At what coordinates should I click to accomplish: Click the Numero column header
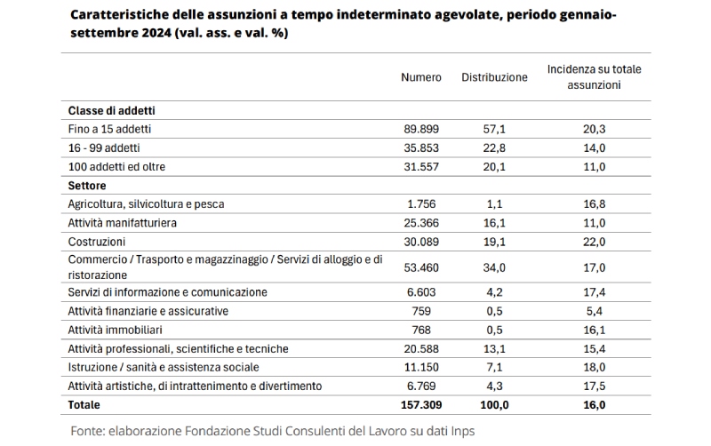coord(420,77)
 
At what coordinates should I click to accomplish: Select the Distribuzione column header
coord(494,77)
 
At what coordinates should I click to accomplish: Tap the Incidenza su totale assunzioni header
coord(594,77)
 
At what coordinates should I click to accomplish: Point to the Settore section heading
coord(87,186)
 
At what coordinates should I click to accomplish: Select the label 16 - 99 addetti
coord(104,147)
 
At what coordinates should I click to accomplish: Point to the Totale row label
coord(84,404)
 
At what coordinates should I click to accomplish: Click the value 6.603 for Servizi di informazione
coord(424,292)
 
